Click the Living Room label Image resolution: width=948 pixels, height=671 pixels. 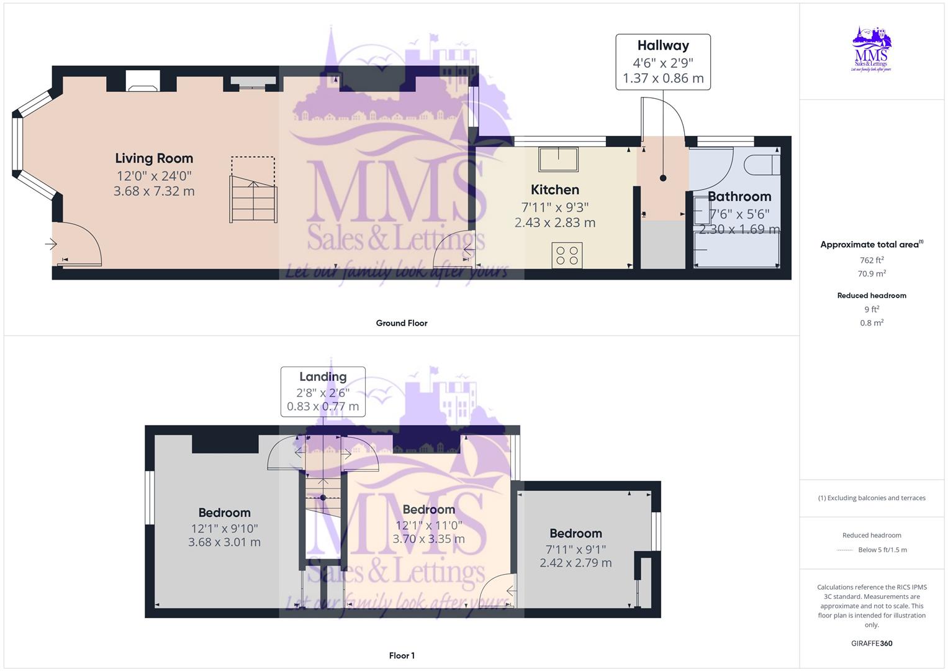pyautogui.click(x=154, y=158)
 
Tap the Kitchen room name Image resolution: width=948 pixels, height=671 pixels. pyautogui.click(x=554, y=190)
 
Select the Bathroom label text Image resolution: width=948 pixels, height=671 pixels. pyautogui.click(x=739, y=197)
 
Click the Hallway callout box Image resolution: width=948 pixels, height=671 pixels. pyautogui.click(x=663, y=62)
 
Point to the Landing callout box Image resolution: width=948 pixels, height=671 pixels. pyautogui.click(x=323, y=391)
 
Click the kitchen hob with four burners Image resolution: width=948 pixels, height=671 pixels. pyautogui.click(x=567, y=255)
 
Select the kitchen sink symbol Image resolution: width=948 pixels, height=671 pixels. pyautogui.click(x=558, y=159)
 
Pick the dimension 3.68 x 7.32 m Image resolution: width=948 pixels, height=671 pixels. pyautogui.click(x=154, y=191)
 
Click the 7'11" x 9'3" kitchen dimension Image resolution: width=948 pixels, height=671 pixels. pyautogui.click(x=554, y=207)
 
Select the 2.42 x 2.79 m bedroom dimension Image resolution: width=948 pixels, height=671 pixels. pyautogui.click(x=576, y=563)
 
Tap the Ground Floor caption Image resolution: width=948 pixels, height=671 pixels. pyautogui.click(x=402, y=323)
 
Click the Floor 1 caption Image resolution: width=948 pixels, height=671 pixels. pyautogui.click(x=402, y=655)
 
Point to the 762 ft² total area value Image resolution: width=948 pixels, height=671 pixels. pyautogui.click(x=872, y=260)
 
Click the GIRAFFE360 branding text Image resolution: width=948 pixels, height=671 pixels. pyautogui.click(x=872, y=644)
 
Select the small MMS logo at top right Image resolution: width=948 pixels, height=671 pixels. pyautogui.click(x=872, y=50)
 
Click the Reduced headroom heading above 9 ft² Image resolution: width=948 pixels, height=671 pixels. pyautogui.click(x=872, y=296)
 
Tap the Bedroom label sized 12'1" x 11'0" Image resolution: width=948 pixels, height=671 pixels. pyautogui.click(x=428, y=509)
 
